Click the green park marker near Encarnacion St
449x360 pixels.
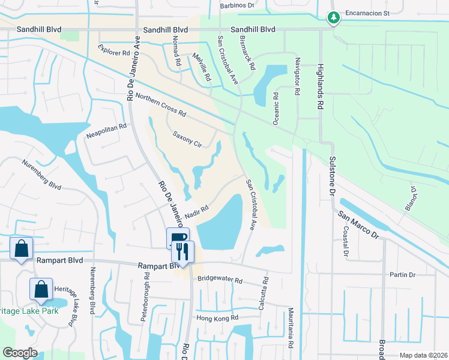(x=333, y=19)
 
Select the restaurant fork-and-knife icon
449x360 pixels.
(x=184, y=251)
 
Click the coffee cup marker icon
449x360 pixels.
(x=177, y=238)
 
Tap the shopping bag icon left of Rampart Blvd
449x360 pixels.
(x=21, y=248)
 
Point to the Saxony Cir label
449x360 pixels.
(x=187, y=139)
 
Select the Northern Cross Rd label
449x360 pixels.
(x=161, y=105)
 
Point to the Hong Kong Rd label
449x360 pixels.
(x=217, y=317)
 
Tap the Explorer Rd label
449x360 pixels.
(x=113, y=49)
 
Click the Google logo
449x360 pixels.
(x=20, y=353)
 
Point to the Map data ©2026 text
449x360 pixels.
(x=423, y=355)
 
